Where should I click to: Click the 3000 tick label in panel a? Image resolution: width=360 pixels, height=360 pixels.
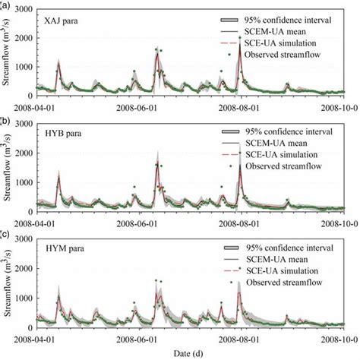21,8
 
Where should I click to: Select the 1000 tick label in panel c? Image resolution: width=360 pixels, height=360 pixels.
21,298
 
